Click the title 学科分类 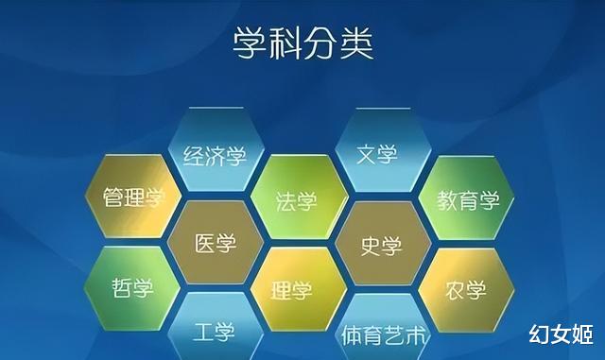302,42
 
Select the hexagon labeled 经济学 214,154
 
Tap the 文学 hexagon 378,154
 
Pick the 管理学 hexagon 133,198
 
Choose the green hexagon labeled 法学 296,200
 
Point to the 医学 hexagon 215,244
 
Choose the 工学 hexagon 214,333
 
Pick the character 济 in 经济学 214,154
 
